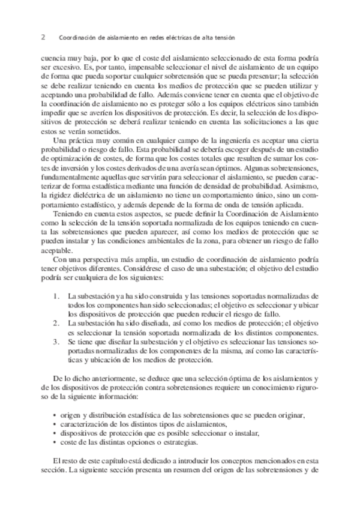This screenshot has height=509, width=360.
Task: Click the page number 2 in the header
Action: [x=43, y=37]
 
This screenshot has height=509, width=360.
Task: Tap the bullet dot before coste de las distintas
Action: [x=55, y=442]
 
